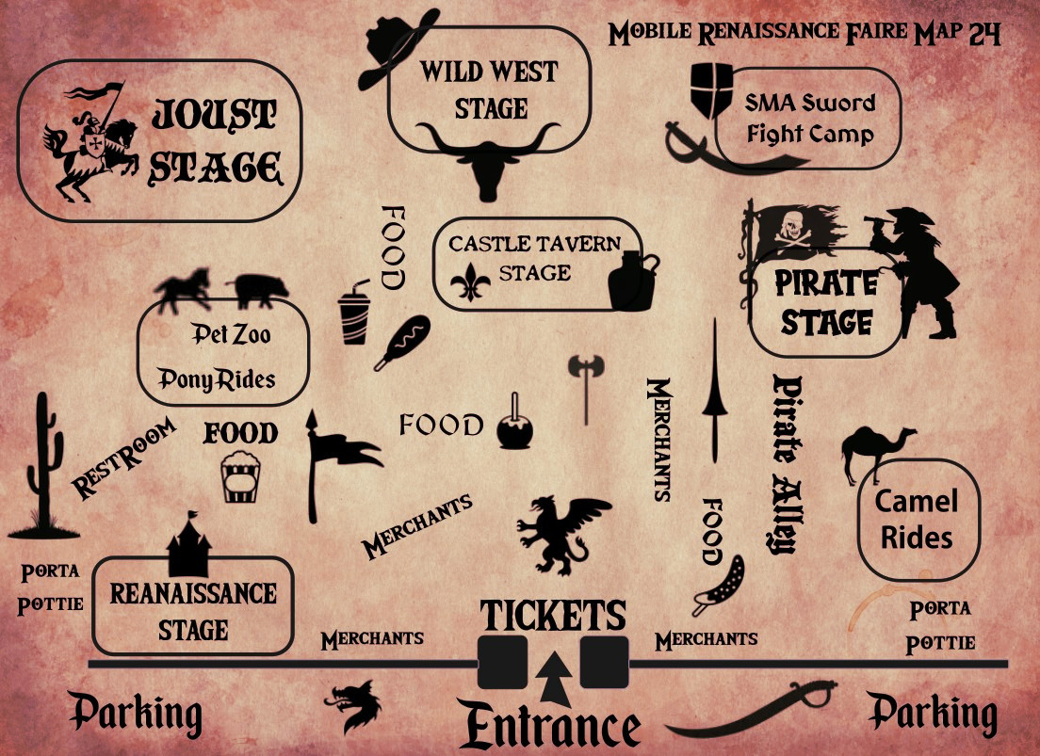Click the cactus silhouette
click(41, 466)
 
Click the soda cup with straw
click(355, 314)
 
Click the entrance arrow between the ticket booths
click(554, 675)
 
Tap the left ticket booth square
click(502, 663)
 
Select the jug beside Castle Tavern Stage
click(630, 280)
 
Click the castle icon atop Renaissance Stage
click(188, 549)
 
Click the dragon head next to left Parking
click(355, 705)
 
